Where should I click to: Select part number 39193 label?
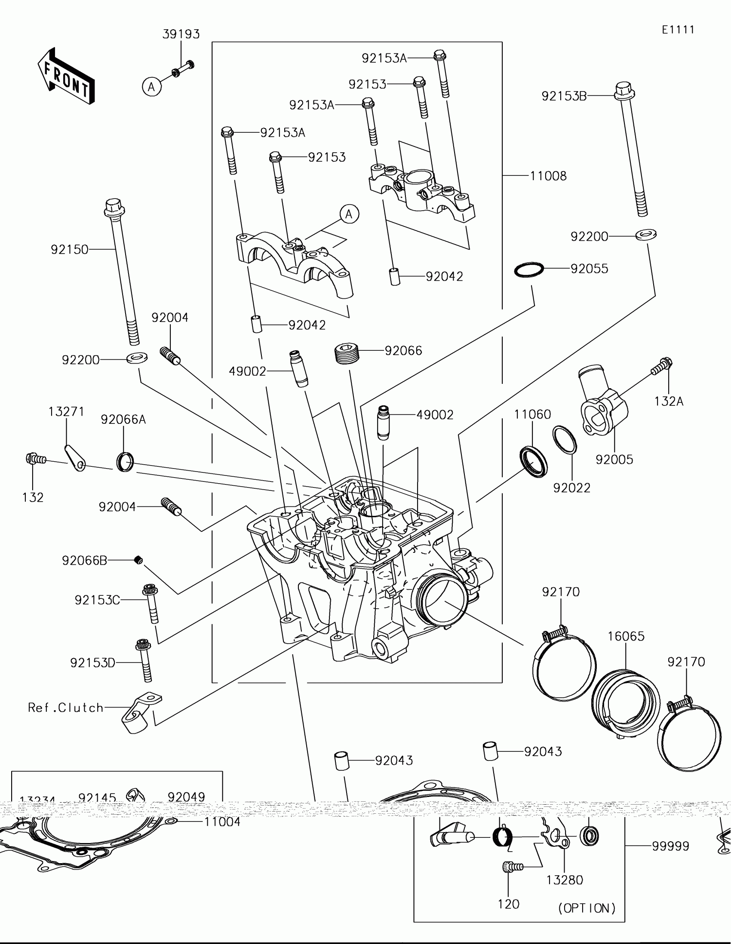tap(181, 34)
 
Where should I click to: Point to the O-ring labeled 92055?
tap(529, 270)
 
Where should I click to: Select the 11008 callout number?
tap(548, 176)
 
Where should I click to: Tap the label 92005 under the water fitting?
tap(614, 460)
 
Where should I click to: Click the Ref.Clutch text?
tap(66, 708)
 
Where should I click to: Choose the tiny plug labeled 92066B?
tap(138, 560)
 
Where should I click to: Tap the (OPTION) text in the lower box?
tap(587, 908)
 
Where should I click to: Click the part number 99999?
tap(670, 846)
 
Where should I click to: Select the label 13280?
tap(565, 880)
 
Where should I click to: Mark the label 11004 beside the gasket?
tap(222, 821)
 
